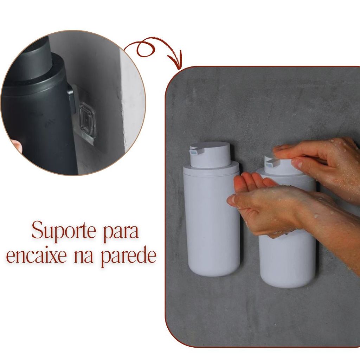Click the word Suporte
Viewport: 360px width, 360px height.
[x=64, y=230]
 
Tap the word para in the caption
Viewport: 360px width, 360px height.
[x=121, y=232]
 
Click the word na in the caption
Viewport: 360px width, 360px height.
[x=84, y=257]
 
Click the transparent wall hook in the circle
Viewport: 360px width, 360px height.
[x=87, y=120]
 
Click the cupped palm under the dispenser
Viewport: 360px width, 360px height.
[x=257, y=198]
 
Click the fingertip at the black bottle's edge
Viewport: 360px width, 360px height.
[x=16, y=146]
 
